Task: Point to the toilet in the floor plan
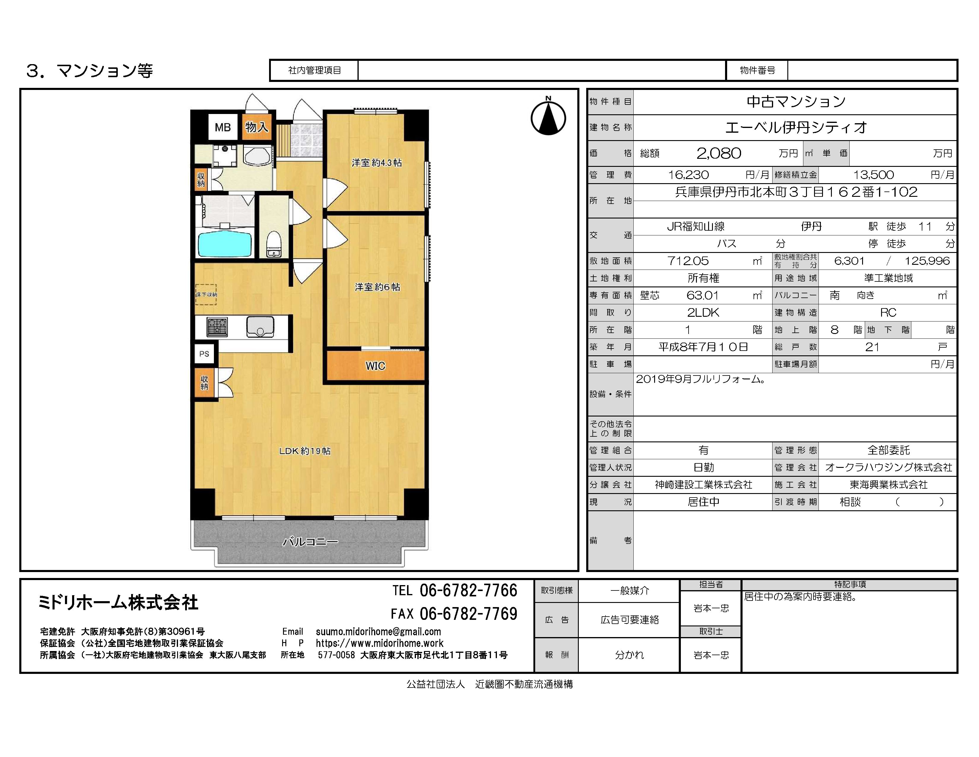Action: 274,244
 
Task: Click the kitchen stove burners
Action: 217,327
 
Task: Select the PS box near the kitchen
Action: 204,354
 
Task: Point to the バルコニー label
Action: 310,542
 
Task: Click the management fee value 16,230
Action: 689,175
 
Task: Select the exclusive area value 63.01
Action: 703,295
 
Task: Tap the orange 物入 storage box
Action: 256,127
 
